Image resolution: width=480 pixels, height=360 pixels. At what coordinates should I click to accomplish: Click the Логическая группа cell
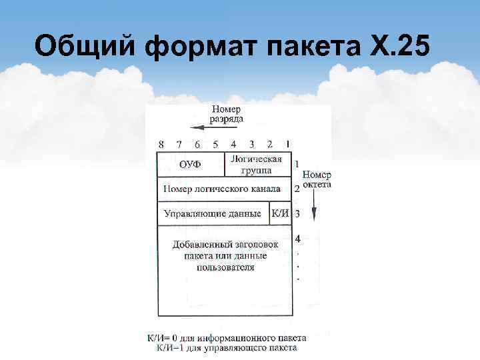click(x=257, y=164)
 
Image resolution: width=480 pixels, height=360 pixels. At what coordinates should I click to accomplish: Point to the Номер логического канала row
click(x=222, y=189)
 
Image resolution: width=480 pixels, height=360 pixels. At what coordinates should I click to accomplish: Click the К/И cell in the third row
click(x=281, y=214)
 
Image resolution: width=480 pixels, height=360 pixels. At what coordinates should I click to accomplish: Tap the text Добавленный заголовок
click(x=225, y=244)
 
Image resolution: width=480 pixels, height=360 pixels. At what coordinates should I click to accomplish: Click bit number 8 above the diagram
click(x=161, y=144)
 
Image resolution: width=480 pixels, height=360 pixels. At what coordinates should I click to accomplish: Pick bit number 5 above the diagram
click(x=215, y=144)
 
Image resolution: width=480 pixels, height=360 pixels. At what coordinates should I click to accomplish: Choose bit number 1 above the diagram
click(x=287, y=143)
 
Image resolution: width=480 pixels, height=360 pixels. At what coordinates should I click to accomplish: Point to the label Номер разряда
click(x=227, y=114)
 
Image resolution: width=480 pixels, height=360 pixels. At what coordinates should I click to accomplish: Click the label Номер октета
click(x=316, y=179)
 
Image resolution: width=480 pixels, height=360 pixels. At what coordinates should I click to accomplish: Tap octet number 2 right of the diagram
click(x=297, y=189)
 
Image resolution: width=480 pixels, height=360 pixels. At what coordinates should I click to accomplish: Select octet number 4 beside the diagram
click(x=297, y=238)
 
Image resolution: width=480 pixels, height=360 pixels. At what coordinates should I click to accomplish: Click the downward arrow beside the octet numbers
click(x=315, y=212)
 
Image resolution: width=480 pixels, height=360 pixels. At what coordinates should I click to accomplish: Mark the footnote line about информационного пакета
click(x=227, y=338)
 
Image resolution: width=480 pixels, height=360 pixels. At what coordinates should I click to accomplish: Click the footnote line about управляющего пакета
click(x=227, y=347)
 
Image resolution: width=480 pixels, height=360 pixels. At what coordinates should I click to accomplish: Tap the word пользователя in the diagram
click(x=225, y=267)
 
